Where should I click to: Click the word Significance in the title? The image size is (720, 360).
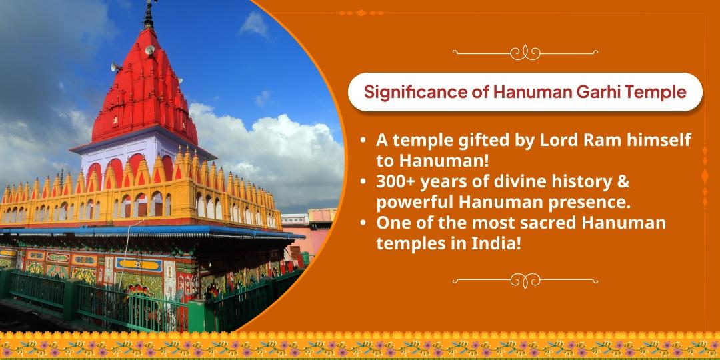(x=411, y=92)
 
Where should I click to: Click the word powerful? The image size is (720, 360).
(x=412, y=202)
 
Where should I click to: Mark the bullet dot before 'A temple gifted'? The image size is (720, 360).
(x=362, y=141)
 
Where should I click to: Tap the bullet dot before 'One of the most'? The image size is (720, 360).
(x=362, y=223)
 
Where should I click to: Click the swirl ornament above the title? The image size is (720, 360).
(x=523, y=51)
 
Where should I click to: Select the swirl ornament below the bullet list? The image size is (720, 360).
(x=523, y=278)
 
